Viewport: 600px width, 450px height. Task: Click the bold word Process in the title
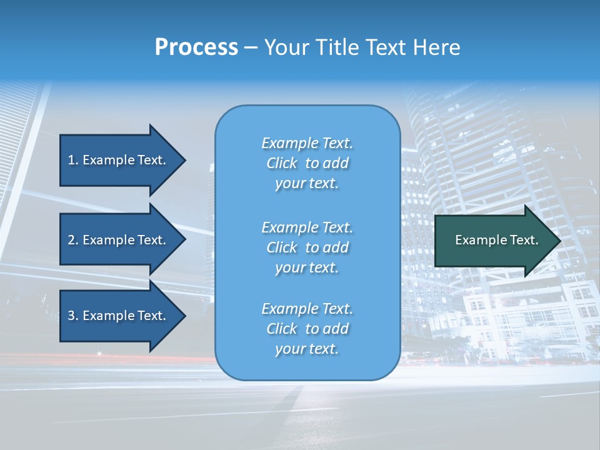[x=196, y=47]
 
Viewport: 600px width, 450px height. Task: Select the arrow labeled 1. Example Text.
[x=119, y=160]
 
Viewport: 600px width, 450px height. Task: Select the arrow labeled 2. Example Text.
[x=119, y=240]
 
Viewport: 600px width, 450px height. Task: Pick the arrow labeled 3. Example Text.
[x=119, y=316]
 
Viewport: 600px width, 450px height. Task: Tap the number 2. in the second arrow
[x=73, y=240]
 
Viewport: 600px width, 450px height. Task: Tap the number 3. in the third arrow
[x=73, y=316]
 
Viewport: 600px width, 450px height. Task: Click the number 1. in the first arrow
[x=73, y=160]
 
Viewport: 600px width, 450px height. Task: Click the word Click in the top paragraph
[x=281, y=164]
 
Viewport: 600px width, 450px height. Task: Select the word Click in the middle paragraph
[x=281, y=247]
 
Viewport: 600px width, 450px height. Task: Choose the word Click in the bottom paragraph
[x=281, y=329]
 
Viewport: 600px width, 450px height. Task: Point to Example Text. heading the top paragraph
[x=307, y=143]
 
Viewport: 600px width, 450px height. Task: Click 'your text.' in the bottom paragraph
[x=307, y=349]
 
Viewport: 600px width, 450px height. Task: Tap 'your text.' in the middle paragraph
[x=307, y=267]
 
